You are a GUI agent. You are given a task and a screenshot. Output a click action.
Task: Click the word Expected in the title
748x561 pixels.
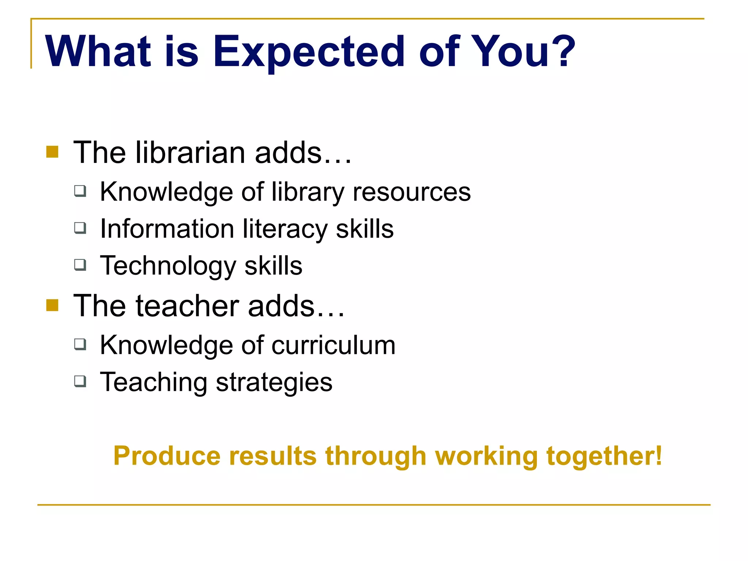coord(309,52)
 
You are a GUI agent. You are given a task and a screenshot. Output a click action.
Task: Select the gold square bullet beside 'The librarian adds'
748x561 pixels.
coord(52,152)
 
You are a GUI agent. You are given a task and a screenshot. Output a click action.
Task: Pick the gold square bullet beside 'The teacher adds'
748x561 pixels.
coord(52,305)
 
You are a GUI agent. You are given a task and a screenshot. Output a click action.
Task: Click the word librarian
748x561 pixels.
coord(190,153)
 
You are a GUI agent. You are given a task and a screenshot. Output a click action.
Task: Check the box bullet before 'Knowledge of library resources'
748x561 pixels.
coord(80,191)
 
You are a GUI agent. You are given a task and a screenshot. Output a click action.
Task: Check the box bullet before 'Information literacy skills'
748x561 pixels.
coord(80,228)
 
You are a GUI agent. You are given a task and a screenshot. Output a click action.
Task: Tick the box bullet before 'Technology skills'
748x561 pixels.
coord(80,264)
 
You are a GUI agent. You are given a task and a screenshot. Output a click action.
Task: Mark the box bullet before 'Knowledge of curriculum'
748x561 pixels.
coord(80,344)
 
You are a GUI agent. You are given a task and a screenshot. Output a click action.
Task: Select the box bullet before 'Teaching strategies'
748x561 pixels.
coord(80,381)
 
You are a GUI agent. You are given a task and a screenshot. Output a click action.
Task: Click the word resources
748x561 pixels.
coord(412,192)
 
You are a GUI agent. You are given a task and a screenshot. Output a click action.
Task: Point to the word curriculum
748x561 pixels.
coord(333,346)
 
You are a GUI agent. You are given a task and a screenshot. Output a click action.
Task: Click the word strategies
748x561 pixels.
coord(274,383)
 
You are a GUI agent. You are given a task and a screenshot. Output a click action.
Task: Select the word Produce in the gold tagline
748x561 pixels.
coord(167,456)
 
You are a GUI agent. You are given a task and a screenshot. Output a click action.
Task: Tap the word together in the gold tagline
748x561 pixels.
coord(600,457)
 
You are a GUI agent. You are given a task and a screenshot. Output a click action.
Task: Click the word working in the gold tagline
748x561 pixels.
coord(486,457)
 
